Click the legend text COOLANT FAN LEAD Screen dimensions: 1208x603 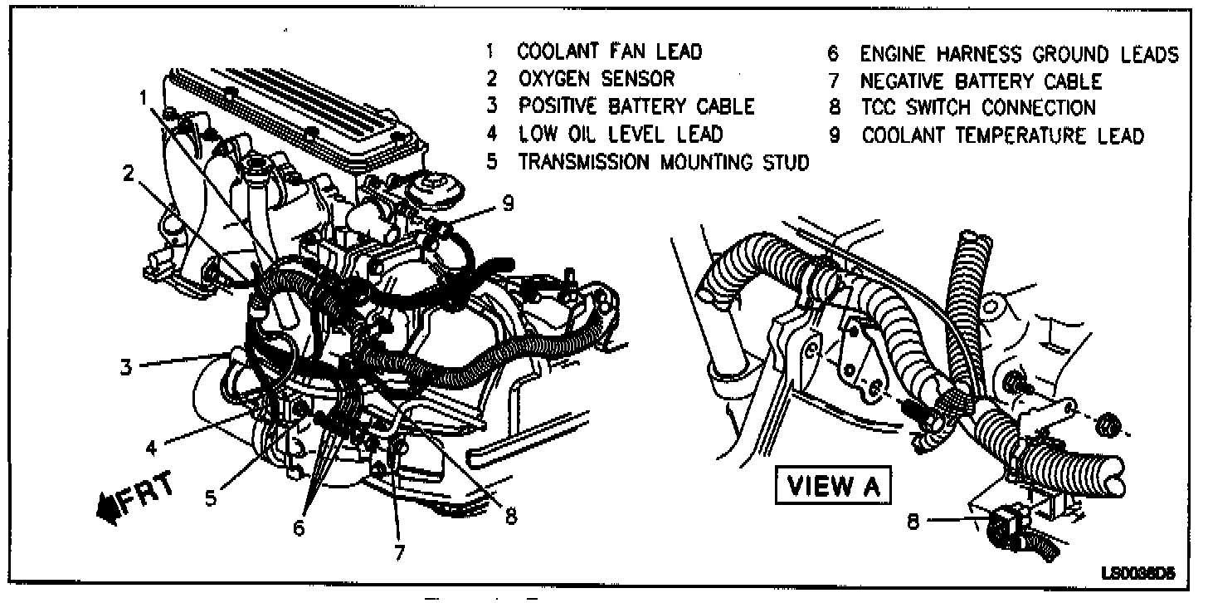coord(610,51)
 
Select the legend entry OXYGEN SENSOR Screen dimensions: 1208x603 coord(597,79)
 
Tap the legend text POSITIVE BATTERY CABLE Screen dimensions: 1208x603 coord(636,106)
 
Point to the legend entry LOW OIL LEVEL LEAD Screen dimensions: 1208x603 coord(621,134)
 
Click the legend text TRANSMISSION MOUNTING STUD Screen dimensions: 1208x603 coord(663,162)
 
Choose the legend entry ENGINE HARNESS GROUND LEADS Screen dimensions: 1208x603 coord(1019,55)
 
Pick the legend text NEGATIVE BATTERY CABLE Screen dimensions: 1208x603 coord(981,81)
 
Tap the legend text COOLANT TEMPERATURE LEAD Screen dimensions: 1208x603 coord(1002,135)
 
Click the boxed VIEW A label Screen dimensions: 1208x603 coord(830,487)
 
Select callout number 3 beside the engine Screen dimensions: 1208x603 coord(125,366)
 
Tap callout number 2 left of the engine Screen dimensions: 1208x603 coord(129,174)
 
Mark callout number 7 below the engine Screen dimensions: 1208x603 coord(400,552)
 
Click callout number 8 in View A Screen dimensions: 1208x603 coord(913,524)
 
